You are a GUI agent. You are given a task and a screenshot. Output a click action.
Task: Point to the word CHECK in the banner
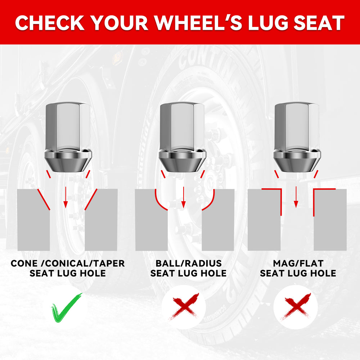50,23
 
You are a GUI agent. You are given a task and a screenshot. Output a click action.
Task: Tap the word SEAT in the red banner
319,23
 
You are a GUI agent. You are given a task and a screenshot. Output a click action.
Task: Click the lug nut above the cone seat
68,137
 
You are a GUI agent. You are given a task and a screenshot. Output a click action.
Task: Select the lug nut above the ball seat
183,137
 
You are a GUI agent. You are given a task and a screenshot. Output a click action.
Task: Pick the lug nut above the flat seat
297,137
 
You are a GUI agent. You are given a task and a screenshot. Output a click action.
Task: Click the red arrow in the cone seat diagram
66,197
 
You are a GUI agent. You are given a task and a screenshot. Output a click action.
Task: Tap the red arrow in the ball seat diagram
184,197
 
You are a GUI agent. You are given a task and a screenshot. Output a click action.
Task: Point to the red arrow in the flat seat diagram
296,197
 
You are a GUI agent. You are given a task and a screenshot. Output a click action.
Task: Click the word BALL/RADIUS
189,264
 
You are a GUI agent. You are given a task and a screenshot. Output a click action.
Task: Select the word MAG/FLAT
298,264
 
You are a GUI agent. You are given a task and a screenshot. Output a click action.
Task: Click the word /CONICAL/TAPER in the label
85,264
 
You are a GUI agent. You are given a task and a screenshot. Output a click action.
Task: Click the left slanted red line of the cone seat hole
44,199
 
